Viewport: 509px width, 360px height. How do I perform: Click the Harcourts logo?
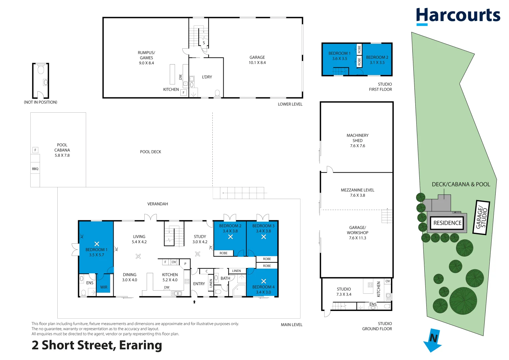click(458, 16)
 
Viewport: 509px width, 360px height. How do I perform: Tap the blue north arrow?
click(433, 341)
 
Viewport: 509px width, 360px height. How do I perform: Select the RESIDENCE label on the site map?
click(447, 223)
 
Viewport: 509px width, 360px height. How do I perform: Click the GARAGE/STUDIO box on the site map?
click(481, 218)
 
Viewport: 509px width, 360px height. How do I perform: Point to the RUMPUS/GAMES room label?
click(146, 58)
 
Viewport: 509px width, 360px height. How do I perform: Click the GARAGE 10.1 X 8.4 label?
click(257, 60)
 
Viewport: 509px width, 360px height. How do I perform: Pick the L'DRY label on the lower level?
click(207, 77)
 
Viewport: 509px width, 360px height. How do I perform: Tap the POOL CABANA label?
click(62, 150)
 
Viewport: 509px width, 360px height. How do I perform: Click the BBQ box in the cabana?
click(35, 169)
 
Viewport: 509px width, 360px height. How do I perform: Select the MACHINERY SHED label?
click(357, 140)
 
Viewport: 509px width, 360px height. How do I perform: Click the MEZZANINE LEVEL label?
click(357, 192)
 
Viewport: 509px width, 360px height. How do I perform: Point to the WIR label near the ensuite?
click(104, 287)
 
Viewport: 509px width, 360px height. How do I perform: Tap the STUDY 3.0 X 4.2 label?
click(200, 239)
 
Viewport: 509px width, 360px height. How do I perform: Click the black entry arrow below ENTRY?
click(194, 302)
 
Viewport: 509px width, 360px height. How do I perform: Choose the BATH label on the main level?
click(225, 278)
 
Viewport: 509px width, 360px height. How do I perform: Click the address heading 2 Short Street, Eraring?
click(97, 345)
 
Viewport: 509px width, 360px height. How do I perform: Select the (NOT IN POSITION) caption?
click(40, 102)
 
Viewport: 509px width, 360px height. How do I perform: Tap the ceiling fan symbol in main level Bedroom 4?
click(263, 281)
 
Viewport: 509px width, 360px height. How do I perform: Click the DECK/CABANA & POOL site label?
click(461, 184)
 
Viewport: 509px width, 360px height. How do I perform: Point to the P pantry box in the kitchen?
click(185, 264)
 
